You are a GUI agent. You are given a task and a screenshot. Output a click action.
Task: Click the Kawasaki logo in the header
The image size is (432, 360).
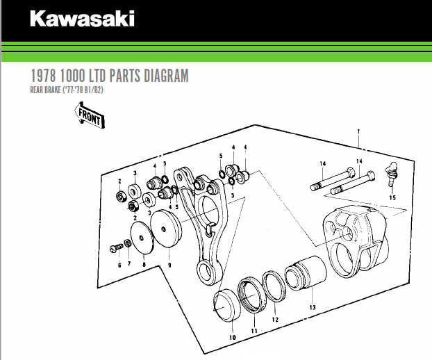coord(82,19)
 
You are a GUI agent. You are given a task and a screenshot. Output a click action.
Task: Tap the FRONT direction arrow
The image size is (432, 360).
coord(90,116)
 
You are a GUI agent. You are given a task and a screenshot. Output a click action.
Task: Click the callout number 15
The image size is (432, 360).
coord(392,197)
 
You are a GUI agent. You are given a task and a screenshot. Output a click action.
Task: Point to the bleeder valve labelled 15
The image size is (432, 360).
coord(392,174)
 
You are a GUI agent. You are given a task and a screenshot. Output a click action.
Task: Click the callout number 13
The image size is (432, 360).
coord(312,307)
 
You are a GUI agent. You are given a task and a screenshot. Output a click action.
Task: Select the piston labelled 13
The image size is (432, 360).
coord(306,273)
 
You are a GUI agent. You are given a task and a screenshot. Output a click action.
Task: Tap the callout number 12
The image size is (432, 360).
coord(275,320)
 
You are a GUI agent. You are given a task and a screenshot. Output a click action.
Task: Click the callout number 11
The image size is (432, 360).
coord(254,331)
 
